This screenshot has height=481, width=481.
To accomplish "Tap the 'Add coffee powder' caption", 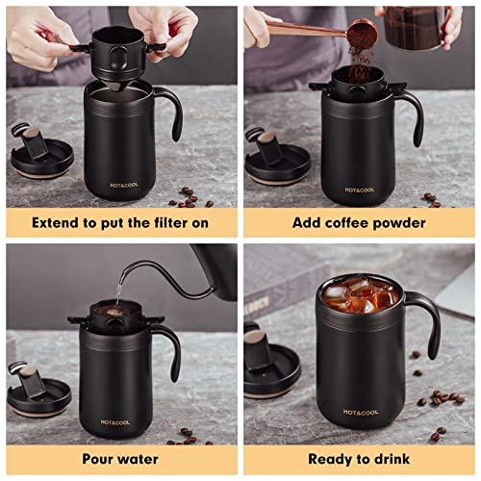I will pos(359,222).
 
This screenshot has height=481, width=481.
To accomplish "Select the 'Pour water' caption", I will pos(120,459).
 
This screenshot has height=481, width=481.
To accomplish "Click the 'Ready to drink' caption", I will pos(359,459).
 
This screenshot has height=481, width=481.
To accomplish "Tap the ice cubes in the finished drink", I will pos(360,295).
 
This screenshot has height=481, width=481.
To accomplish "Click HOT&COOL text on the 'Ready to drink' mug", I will pos(361,412).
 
